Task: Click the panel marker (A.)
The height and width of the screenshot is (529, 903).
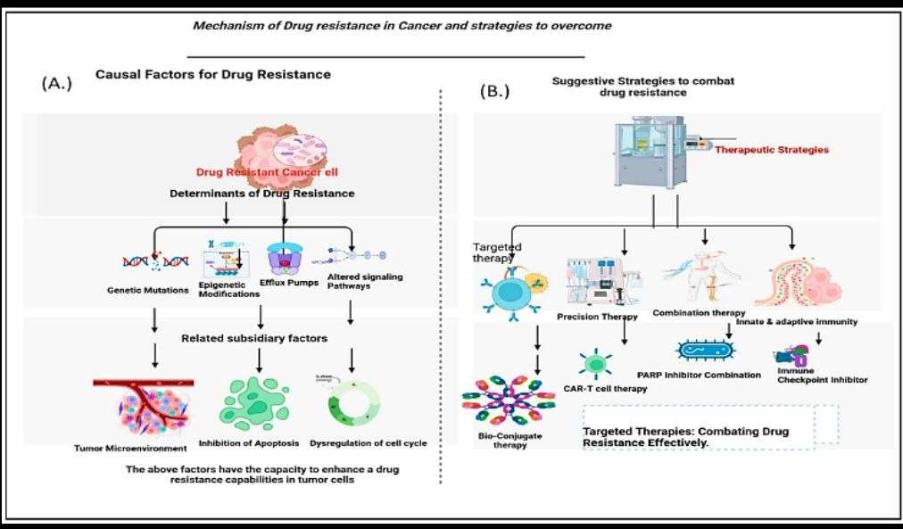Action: point(56,85)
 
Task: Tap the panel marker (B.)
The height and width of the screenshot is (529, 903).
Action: point(494,90)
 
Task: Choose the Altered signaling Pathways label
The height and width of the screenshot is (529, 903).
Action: point(371,282)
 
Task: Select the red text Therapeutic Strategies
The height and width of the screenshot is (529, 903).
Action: point(771,150)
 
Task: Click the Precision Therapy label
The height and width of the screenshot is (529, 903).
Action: point(597,316)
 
